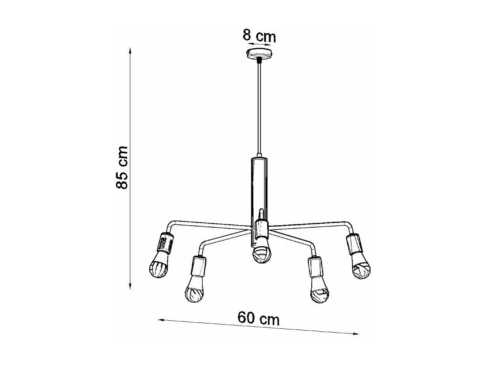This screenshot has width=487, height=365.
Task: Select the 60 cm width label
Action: coord(258,318)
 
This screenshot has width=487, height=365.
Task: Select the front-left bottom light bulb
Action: coord(195,290)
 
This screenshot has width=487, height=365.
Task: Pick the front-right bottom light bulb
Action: coord(320,291)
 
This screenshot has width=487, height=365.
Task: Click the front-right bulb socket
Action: coord(316,267)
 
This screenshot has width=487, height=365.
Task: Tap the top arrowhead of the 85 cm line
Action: coord(130,51)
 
